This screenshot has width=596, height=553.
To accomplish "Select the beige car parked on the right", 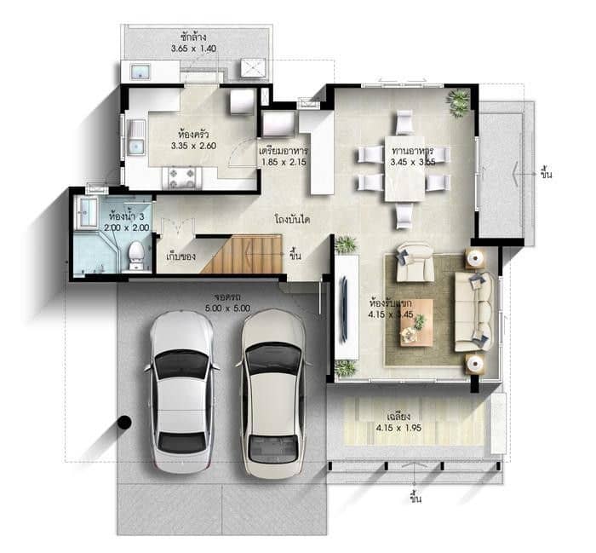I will pos(272,393).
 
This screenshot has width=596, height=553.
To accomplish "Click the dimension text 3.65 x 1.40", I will pos(193,49).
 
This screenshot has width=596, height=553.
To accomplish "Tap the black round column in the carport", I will pos(124,421).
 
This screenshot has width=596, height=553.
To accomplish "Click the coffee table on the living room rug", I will pos(416,321).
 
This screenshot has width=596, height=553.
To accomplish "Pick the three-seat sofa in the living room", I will pos(474,311).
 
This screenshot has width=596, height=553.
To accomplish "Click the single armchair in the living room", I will pos(415,262).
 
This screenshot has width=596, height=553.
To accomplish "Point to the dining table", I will pos(404,168).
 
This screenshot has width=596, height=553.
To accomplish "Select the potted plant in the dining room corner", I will pos(458,101).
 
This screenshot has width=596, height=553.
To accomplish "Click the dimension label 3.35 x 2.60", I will pos(193,146).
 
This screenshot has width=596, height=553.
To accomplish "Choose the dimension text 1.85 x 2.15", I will pos(284,161).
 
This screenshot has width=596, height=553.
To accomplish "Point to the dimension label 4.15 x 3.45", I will pos(391,314).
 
